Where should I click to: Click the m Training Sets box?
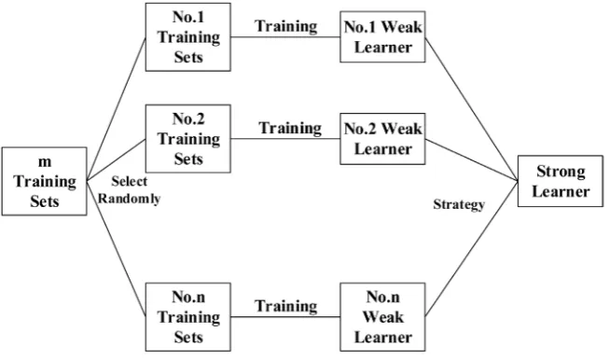pos(44,181)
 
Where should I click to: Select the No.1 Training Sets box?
pos(188,37)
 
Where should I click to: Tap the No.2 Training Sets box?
pos(188,139)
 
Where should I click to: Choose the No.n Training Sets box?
pos(188,317)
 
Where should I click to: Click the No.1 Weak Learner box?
pos(382,37)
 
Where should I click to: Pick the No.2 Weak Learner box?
pos(382,139)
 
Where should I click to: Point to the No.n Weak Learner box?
pos(382,317)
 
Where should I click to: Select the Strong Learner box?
pos(561,181)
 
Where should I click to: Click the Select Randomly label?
pos(129,190)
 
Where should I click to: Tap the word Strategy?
pos(459,204)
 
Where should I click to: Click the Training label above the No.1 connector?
pos(286,26)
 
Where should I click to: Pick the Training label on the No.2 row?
pos(290,128)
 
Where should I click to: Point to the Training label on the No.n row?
pos(286,306)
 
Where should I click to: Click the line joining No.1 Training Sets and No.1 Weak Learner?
pos(285,37)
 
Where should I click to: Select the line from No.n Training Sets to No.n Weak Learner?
pos(285,317)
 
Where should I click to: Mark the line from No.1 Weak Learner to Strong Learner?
pos(472,109)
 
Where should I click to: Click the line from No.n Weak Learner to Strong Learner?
pos(472,248)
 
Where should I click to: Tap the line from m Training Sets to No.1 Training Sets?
pos(117,109)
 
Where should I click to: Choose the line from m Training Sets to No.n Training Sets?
pos(117,248)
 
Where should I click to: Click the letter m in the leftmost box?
pos(45,162)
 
